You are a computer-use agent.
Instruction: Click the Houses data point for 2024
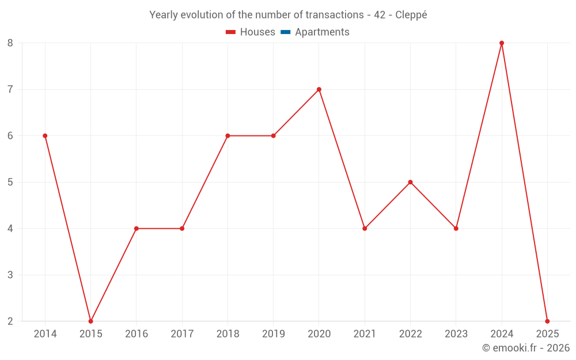502,43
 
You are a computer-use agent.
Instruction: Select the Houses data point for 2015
90,321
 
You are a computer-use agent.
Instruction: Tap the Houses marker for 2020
319,89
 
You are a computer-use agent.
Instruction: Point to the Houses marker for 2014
45,136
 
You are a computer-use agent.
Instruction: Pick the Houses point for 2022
410,182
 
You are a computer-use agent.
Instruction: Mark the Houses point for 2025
547,321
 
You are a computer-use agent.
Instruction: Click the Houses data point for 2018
228,136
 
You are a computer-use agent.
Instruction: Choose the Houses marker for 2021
365,229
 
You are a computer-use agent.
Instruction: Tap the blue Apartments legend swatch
285,32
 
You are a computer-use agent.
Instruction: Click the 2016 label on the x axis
137,334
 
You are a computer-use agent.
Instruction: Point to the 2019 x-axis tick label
273,334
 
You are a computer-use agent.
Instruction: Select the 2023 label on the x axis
456,334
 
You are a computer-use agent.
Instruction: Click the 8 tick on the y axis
10,43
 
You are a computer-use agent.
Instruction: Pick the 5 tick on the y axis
10,182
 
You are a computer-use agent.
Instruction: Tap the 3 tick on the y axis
10,275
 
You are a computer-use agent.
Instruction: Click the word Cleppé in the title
411,15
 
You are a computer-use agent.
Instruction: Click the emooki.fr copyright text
526,348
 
